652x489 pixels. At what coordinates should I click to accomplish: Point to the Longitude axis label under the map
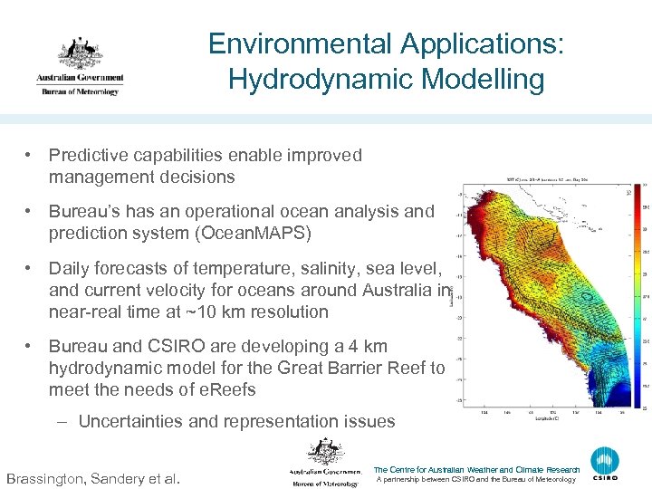(x=551, y=418)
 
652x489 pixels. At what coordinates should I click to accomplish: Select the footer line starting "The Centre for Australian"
(x=476, y=470)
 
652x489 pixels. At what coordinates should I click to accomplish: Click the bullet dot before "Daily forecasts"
(x=30, y=269)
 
